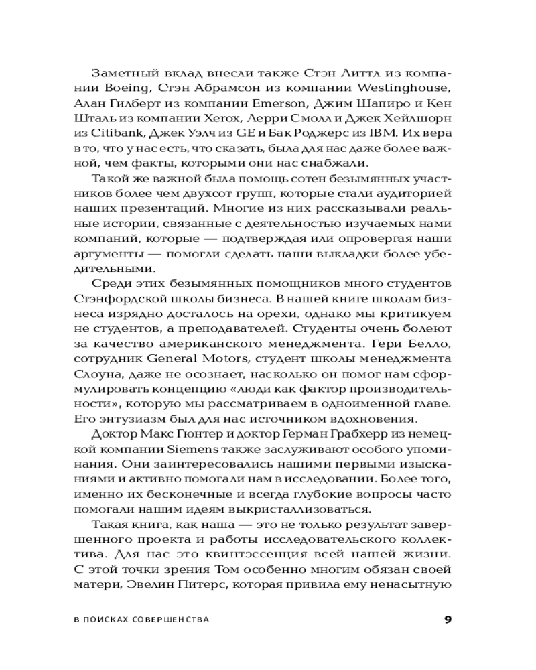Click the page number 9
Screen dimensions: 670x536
[x=448, y=619]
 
